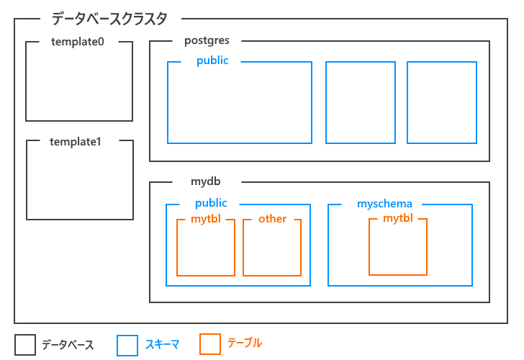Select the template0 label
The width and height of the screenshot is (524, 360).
(x=78, y=42)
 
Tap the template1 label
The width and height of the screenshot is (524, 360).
(x=76, y=141)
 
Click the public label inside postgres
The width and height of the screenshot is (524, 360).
(x=212, y=61)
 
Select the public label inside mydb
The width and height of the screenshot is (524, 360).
(x=211, y=204)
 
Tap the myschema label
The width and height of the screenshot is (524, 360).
(x=385, y=204)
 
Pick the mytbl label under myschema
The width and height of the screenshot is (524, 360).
(x=398, y=218)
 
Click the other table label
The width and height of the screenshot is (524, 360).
(x=272, y=219)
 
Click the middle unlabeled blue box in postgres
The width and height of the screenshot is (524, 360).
(x=361, y=102)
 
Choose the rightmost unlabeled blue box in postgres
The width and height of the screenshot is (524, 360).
(x=442, y=102)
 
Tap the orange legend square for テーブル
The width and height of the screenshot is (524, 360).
(x=210, y=344)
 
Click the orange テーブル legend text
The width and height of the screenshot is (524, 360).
(x=245, y=343)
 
